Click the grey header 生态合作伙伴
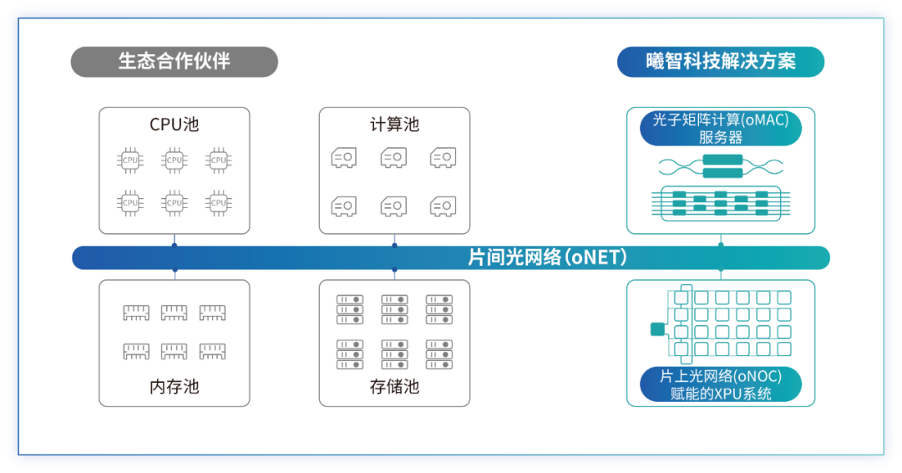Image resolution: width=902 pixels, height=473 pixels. pyautogui.click(x=174, y=62)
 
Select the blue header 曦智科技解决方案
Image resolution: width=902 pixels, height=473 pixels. pyautogui.click(x=720, y=62)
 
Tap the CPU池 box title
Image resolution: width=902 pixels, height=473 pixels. pyautogui.click(x=174, y=125)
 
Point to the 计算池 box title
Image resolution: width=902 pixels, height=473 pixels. pyautogui.click(x=394, y=125)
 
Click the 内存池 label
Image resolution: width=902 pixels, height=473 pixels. pyautogui.click(x=174, y=387)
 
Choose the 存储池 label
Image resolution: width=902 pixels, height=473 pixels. pyautogui.click(x=394, y=387)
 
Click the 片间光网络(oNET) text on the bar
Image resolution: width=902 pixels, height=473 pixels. pyautogui.click(x=547, y=257)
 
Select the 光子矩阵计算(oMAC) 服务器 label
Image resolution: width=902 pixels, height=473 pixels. pyautogui.click(x=720, y=129)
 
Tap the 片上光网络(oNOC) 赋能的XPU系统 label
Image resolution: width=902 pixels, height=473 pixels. pyautogui.click(x=720, y=385)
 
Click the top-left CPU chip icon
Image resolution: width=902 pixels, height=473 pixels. pyautogui.click(x=130, y=159)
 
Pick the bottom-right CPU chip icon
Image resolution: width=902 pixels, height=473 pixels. pyautogui.click(x=218, y=201)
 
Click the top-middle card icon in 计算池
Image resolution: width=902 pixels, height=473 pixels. pyautogui.click(x=394, y=156)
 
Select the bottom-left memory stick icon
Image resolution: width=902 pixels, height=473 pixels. pyautogui.click(x=136, y=351)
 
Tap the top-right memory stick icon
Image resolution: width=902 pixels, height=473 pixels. pyautogui.click(x=212, y=312)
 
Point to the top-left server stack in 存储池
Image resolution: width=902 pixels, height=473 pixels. pyautogui.click(x=349, y=309)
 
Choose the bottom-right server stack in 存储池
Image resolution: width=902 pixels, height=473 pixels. pyautogui.click(x=439, y=353)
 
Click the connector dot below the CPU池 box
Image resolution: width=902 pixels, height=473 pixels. pyautogui.click(x=174, y=245)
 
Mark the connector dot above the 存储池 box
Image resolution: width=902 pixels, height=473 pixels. pyautogui.click(x=394, y=270)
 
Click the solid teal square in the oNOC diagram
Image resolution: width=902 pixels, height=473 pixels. pyautogui.click(x=656, y=329)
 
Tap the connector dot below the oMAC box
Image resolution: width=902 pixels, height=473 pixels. pyautogui.click(x=720, y=245)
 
